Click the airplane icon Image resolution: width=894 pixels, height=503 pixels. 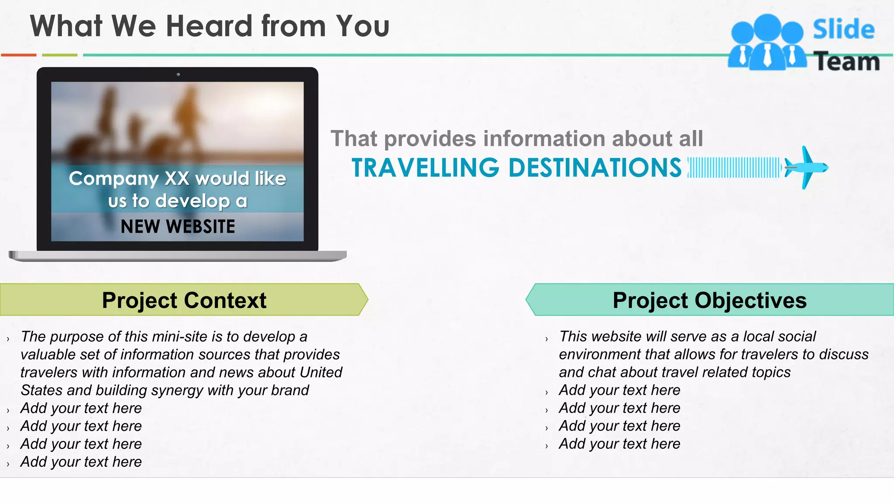[805, 167]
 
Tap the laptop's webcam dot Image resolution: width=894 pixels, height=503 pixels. [178, 75]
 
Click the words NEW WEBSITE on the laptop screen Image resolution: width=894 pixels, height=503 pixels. [178, 227]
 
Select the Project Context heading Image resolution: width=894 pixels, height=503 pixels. [184, 300]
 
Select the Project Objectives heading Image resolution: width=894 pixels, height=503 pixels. [709, 300]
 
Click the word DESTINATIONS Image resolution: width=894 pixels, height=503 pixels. [595, 168]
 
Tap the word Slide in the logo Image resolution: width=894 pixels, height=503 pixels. [843, 29]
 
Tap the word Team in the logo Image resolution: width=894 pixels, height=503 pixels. [847, 61]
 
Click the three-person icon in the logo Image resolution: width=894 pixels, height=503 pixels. [767, 43]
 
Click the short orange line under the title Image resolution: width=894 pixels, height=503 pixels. [19, 55]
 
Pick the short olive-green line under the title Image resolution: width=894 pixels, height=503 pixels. [59, 55]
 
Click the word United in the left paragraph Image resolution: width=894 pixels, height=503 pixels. [321, 372]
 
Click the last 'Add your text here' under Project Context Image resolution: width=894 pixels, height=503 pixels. [81, 462]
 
